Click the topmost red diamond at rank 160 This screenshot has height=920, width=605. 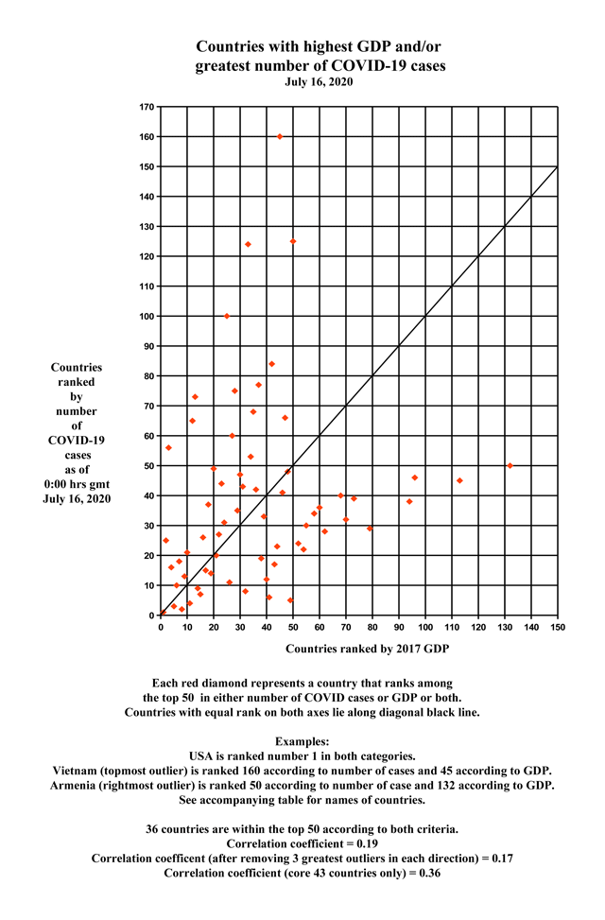coord(280,136)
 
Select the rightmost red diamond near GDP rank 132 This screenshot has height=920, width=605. coord(510,465)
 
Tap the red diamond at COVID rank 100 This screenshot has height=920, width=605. coord(227,316)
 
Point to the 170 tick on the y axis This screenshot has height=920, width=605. coord(147,107)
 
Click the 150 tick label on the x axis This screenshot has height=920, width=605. coord(558,627)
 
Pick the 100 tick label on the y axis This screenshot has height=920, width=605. coord(147,316)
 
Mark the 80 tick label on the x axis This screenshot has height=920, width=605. coord(372,627)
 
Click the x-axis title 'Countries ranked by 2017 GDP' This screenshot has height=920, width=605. coord(367,649)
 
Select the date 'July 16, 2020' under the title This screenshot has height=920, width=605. coord(320,82)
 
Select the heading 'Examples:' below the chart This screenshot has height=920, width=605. coord(302,740)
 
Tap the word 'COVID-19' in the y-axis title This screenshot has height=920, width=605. coord(77,440)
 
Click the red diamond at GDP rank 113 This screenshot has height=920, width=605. coord(459,480)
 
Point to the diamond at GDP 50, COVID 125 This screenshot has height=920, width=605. coord(293,241)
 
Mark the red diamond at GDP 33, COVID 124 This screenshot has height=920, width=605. coord(248,244)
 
